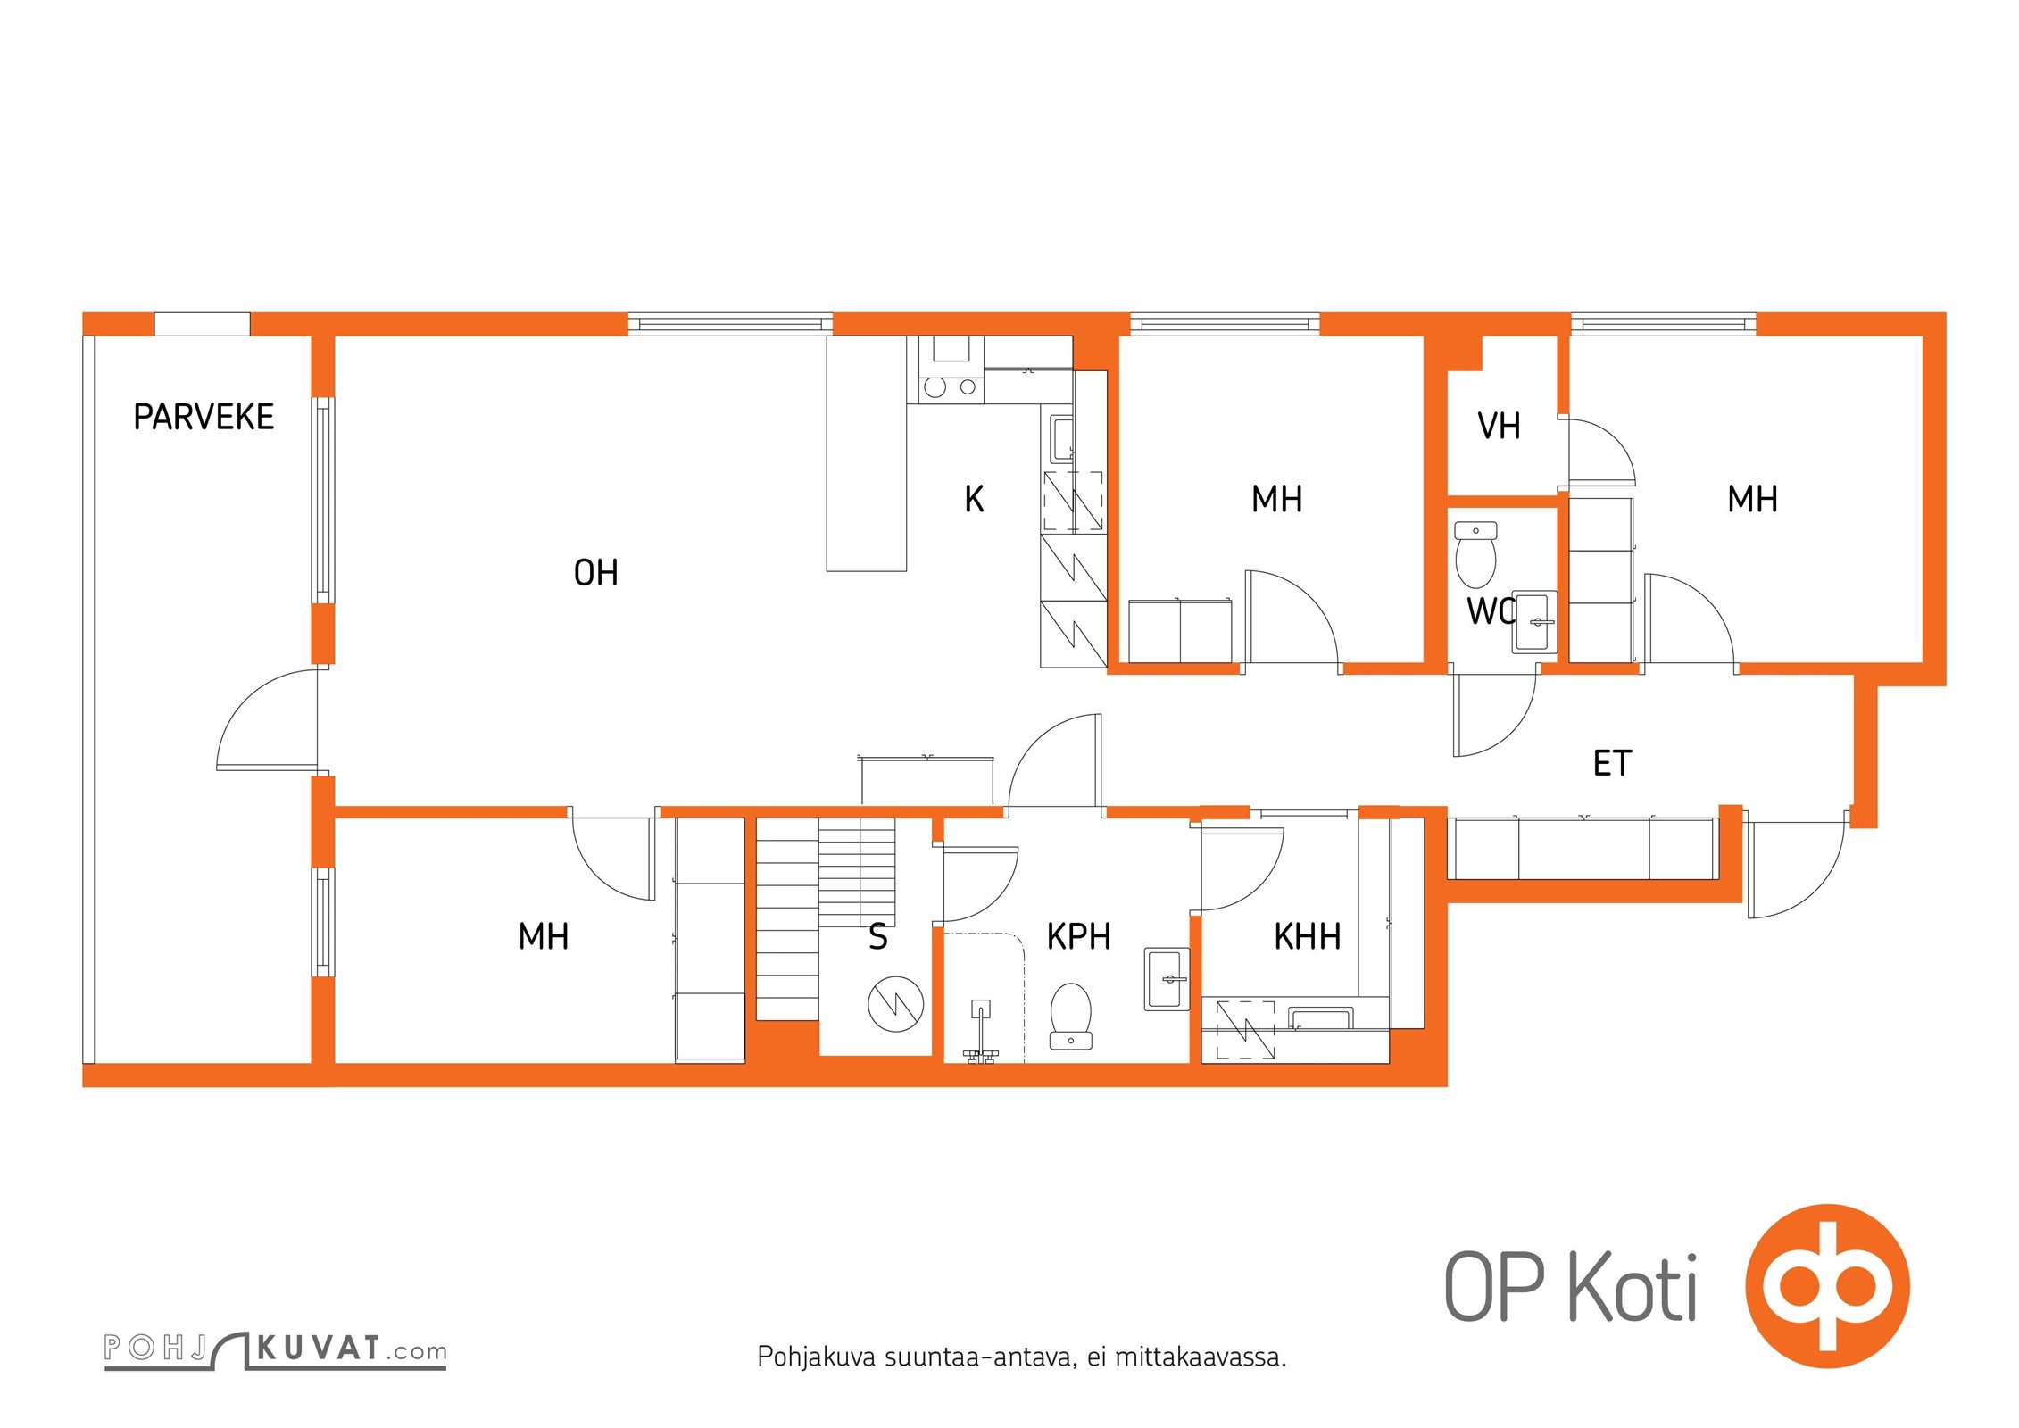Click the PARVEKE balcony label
pos(204,417)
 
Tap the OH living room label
pos(595,573)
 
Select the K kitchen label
pos(974,499)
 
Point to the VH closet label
pos(1499,426)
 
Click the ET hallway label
pos(1612,763)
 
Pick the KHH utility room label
pos(1307,936)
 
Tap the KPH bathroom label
pos(1078,936)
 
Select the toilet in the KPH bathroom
pos(1070,1016)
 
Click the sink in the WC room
pos(1534,622)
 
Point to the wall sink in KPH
pos(1167,979)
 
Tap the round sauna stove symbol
pos(895,1004)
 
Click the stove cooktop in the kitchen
pos(951,387)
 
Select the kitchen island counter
pos(866,453)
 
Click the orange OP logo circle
pos(1827,1286)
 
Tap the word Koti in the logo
pos(1633,1286)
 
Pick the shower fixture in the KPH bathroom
pos(980,1031)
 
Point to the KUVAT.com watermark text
pos(352,1349)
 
